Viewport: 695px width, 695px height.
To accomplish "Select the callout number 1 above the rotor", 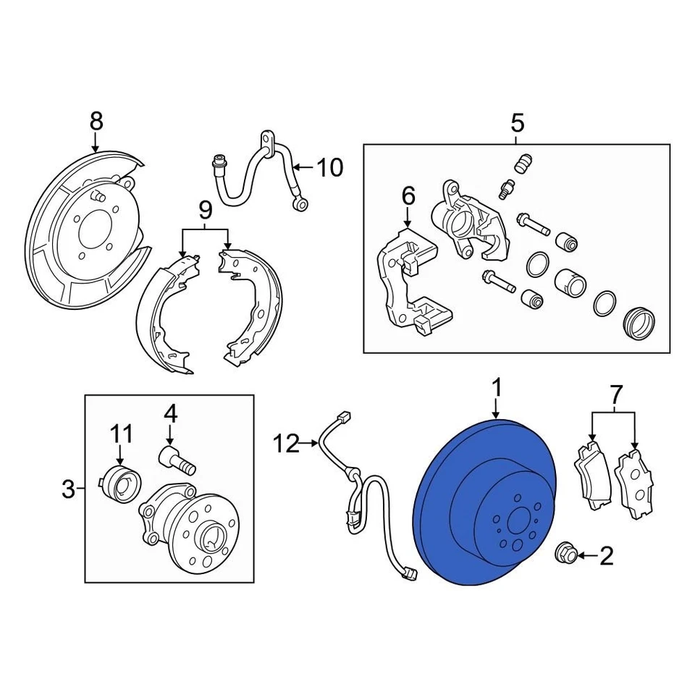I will [x=497, y=389].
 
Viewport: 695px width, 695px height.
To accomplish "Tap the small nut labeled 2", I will [x=565, y=554].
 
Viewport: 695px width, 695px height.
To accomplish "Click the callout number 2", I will [x=606, y=555].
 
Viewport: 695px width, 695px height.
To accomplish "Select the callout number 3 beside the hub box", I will [x=68, y=490].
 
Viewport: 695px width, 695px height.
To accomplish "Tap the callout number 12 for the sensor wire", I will [x=287, y=443].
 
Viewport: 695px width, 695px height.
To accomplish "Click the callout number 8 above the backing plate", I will [x=96, y=121].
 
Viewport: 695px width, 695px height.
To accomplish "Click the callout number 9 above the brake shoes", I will [x=205, y=211].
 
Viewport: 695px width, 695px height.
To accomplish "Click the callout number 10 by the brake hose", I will [x=329, y=168].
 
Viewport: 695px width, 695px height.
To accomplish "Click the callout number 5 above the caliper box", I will [x=516, y=123].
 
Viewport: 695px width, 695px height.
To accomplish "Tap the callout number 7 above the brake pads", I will [x=615, y=395].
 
